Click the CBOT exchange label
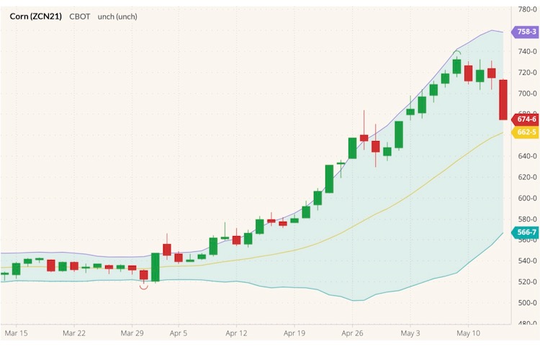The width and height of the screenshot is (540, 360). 80,16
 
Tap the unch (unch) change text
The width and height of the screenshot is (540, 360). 117,16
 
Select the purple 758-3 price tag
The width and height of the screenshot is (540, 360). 525,32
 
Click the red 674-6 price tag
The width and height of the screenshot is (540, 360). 525,119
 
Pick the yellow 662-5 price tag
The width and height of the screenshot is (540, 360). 525,132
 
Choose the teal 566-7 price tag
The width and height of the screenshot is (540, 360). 525,232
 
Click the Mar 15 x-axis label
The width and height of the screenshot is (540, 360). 16,333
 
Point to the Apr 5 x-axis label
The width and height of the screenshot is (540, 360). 178,333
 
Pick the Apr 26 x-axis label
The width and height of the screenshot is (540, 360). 353,333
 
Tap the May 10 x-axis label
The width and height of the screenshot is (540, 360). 468,333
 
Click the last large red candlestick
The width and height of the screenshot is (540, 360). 503,99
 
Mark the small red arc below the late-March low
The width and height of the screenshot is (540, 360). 143,287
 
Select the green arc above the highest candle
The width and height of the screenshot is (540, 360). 456,52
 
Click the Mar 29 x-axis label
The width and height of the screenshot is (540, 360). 132,333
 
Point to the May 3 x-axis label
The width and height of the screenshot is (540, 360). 410,333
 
